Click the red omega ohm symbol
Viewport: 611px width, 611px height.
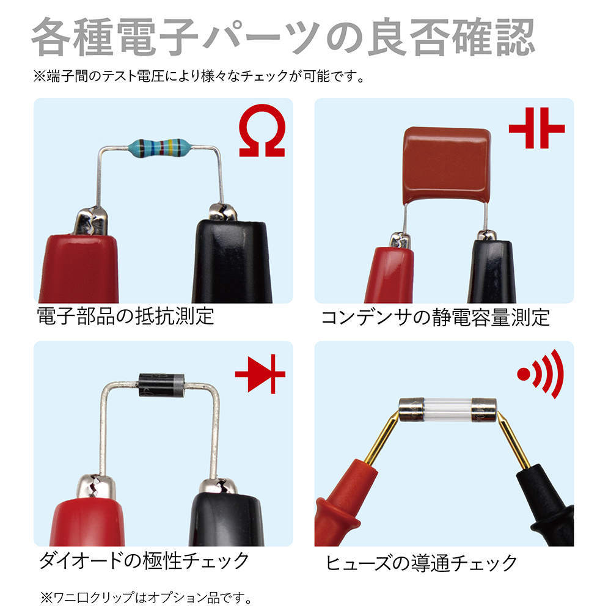tap(262, 131)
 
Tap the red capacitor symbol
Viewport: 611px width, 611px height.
tap(536, 128)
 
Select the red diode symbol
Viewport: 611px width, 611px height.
tap(260, 374)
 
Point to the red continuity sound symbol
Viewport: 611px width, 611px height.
tap(541, 374)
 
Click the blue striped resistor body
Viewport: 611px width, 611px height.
tap(159, 148)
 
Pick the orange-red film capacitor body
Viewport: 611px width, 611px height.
tap(447, 165)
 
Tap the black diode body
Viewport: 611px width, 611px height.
tap(162, 385)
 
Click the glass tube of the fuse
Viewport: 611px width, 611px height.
tap(448, 410)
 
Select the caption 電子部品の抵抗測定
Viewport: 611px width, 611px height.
tap(125, 316)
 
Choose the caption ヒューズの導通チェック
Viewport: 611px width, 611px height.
tap(421, 563)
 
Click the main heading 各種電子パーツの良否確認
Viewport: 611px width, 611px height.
tap(283, 37)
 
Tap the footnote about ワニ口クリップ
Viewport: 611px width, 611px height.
tap(147, 597)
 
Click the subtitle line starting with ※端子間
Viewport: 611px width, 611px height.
tap(199, 76)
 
